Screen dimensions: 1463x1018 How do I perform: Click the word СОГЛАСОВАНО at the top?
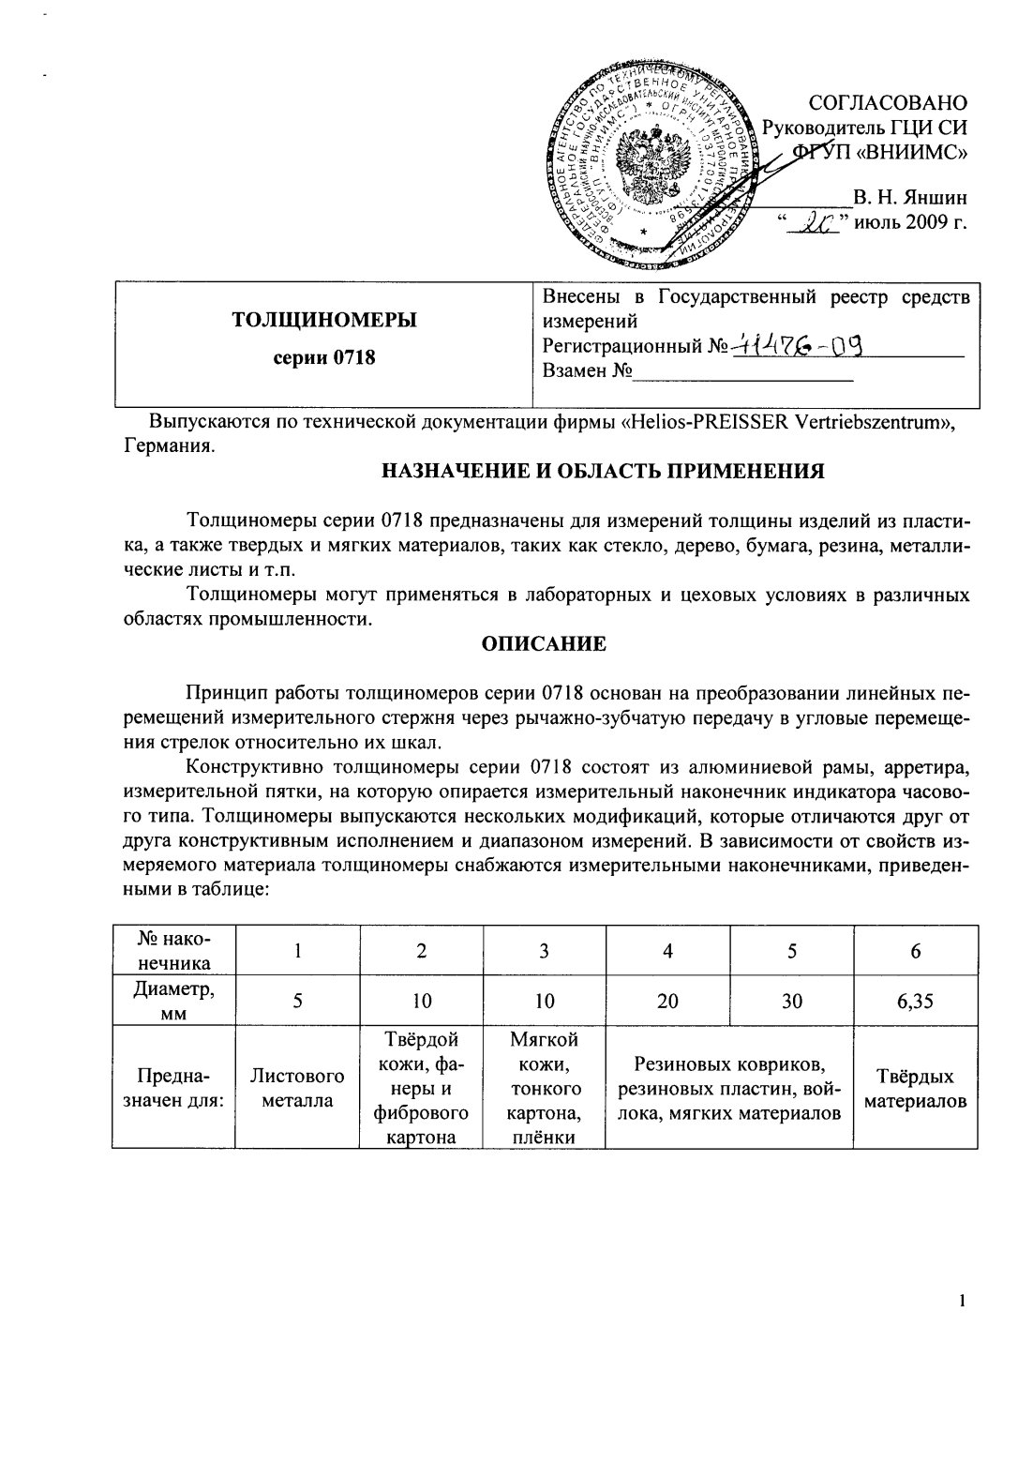pos(887,101)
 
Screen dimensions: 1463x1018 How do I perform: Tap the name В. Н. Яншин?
pos(909,198)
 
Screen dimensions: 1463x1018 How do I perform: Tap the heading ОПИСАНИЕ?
pos(544,643)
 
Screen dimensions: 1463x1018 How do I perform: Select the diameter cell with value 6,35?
pos(915,1001)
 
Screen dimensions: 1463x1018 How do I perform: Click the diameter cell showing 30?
pos(792,1001)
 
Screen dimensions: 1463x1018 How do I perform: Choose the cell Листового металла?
pos(297,1088)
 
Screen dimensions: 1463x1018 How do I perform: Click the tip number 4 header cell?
pos(667,950)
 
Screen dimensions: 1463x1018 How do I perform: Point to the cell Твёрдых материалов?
pos(915,1088)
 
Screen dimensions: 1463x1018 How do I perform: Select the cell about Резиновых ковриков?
pos(729,1088)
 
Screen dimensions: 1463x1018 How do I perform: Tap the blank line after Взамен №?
pos(743,372)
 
